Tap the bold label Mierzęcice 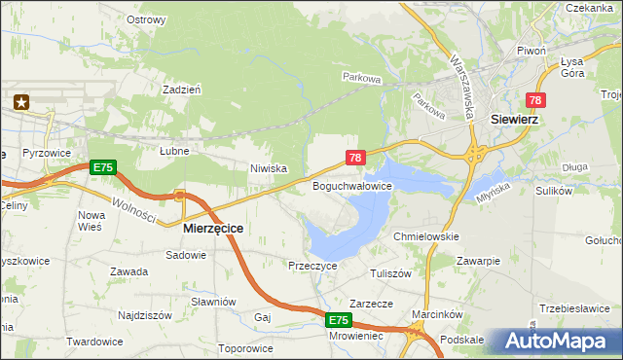pyautogui.click(x=213, y=228)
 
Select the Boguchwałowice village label pyautogui.click(x=351, y=185)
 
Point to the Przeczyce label pyautogui.click(x=312, y=265)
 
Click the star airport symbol pyautogui.click(x=22, y=100)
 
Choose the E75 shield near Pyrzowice pyautogui.click(x=103, y=167)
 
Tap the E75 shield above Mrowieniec pyautogui.click(x=338, y=319)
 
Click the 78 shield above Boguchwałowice pyautogui.click(x=355, y=157)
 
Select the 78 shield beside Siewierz pyautogui.click(x=535, y=100)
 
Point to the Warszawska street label pyautogui.click(x=462, y=86)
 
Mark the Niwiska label pyautogui.click(x=269, y=168)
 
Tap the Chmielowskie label pyautogui.click(x=424, y=236)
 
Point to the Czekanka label pyautogui.click(x=587, y=7)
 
